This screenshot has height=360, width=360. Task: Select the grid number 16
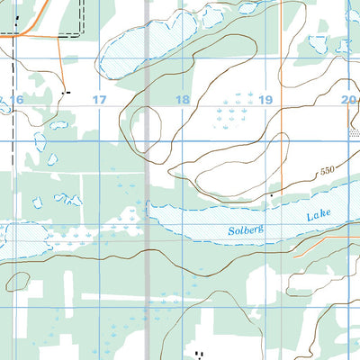[x=16, y=99]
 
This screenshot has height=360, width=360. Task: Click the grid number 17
[x=99, y=99]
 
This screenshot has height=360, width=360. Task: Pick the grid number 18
[x=183, y=99]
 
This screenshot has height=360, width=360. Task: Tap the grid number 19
[x=265, y=99]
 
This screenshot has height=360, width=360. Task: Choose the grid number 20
[x=348, y=99]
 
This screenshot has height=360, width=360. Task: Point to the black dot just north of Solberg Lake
[x=272, y=194]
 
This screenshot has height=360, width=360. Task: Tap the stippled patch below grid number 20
[x=352, y=131]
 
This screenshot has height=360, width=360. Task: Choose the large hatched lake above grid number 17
[x=144, y=49]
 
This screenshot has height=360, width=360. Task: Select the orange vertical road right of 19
[x=282, y=135]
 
